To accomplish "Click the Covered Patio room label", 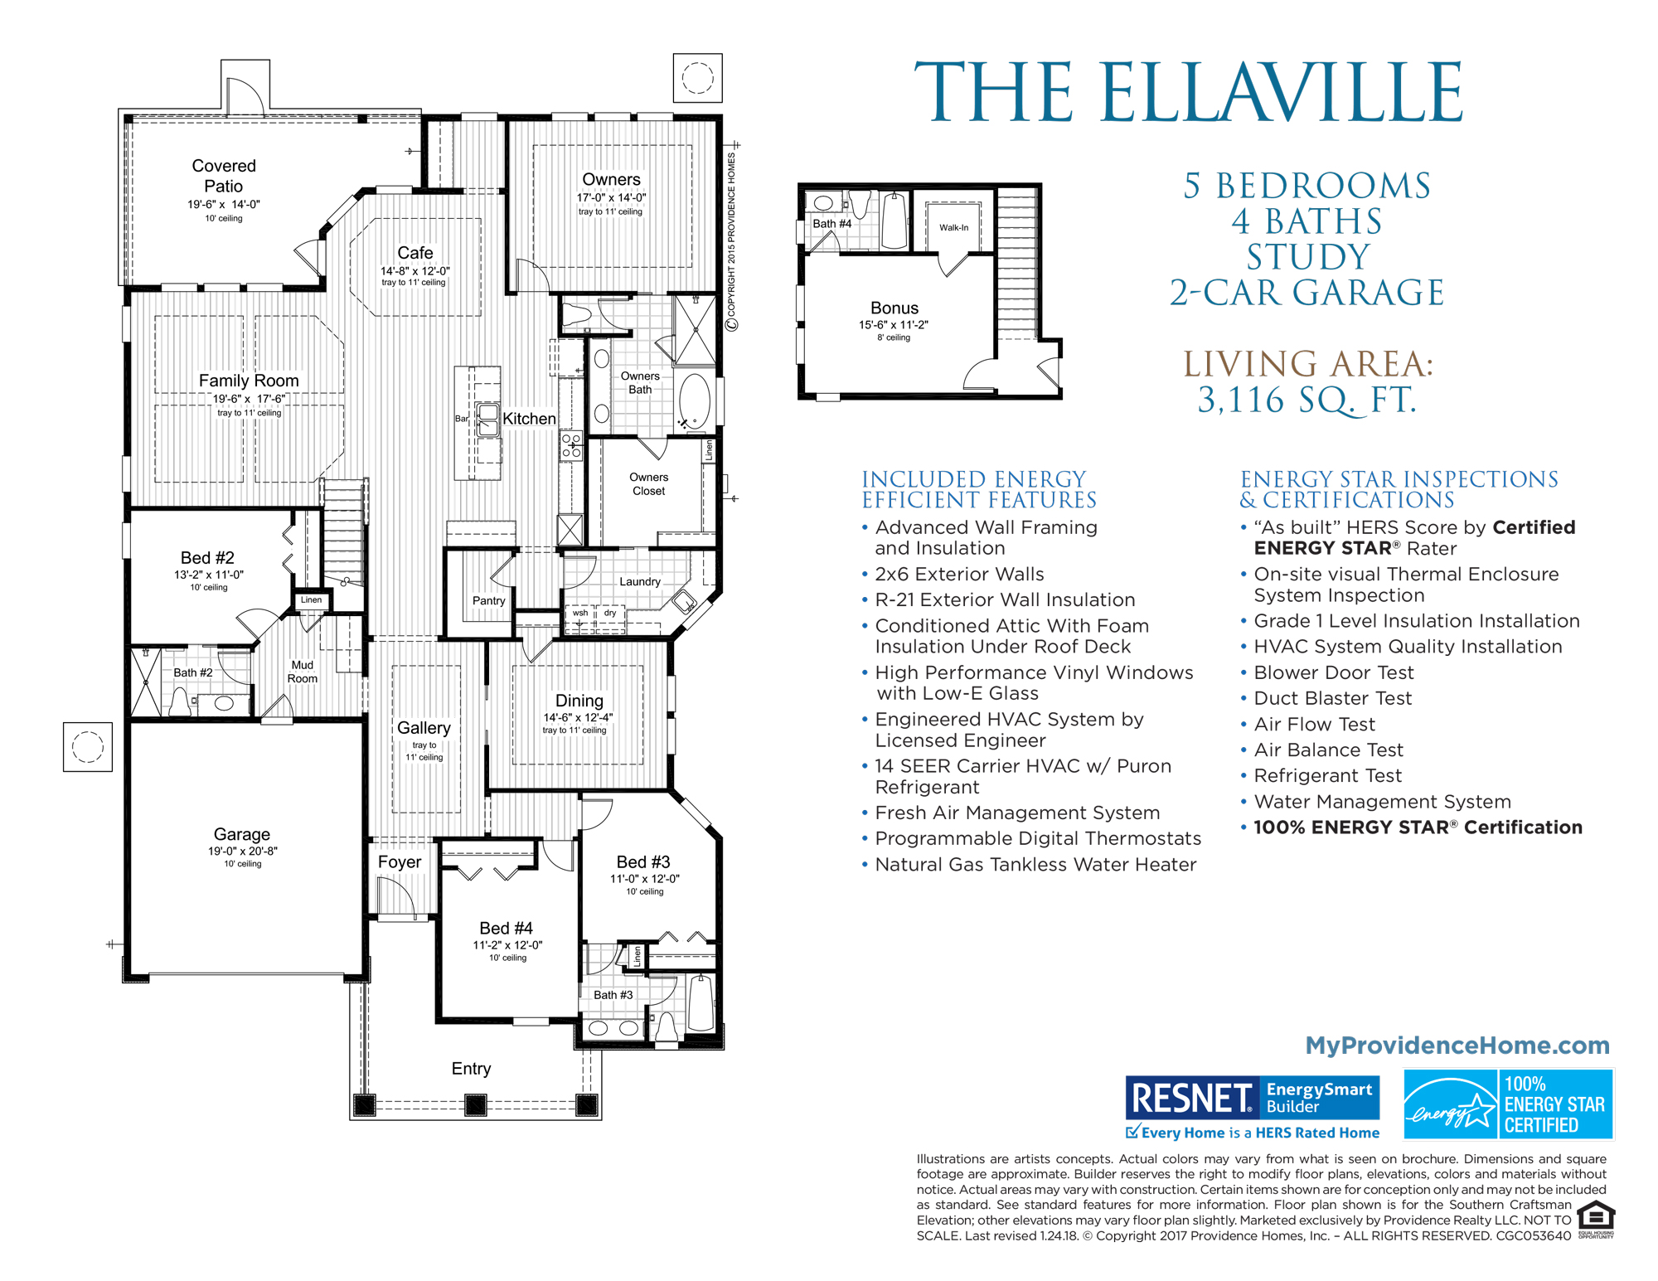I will pyautogui.click(x=224, y=176).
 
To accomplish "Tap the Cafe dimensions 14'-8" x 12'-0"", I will pyautogui.click(x=414, y=271).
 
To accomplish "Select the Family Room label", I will pyautogui.click(x=249, y=381).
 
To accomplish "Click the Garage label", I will pyautogui.click(x=241, y=834).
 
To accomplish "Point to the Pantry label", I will pyautogui.click(x=488, y=600).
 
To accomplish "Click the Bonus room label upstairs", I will pyautogui.click(x=894, y=308).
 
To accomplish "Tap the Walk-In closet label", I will pyautogui.click(x=953, y=227).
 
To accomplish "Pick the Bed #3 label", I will pyautogui.click(x=642, y=862).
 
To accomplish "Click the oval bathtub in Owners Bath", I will pyautogui.click(x=695, y=400).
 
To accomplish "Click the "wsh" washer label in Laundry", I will pyautogui.click(x=580, y=614).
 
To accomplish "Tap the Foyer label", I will pyautogui.click(x=400, y=862).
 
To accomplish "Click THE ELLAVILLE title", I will pyautogui.click(x=1189, y=93).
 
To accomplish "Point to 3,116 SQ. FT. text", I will pyautogui.click(x=1307, y=400).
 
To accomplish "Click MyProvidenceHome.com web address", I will pyautogui.click(x=1457, y=1045).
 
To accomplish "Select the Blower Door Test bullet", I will pyautogui.click(x=1333, y=672).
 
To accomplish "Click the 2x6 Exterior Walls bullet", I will pyautogui.click(x=959, y=574).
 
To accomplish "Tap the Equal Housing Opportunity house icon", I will pyautogui.click(x=1595, y=1217).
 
